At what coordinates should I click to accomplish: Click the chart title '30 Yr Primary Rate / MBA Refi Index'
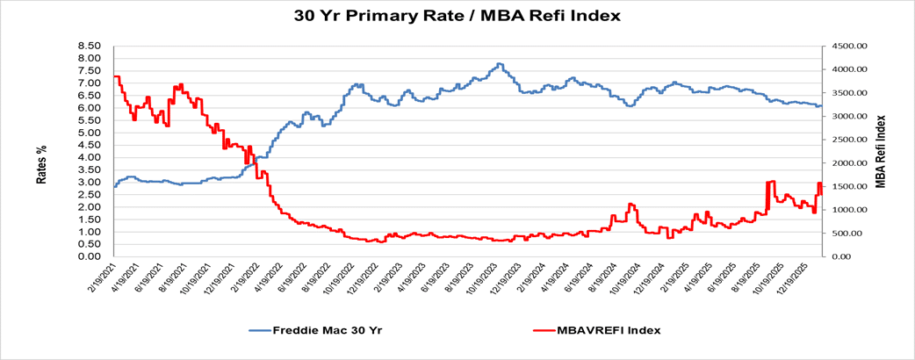(x=457, y=16)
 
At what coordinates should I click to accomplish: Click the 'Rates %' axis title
(x=41, y=164)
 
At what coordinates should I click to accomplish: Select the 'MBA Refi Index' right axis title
(x=881, y=151)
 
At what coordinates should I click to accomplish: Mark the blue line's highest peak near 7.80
(x=499, y=64)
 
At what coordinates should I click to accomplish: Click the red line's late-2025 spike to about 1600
(x=771, y=182)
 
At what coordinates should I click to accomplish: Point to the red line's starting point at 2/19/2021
(x=115, y=76)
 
